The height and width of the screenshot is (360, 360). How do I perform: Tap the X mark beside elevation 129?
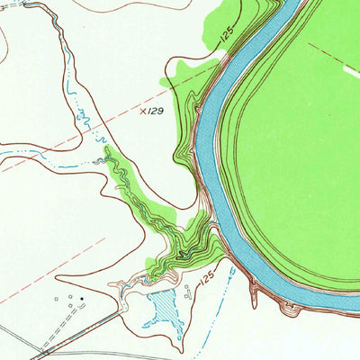(x=143, y=112)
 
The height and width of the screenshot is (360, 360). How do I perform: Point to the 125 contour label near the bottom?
(x=206, y=285)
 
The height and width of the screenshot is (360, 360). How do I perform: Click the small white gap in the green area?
(x=352, y=68)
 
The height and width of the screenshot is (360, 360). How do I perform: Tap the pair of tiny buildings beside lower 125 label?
(x=187, y=290)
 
